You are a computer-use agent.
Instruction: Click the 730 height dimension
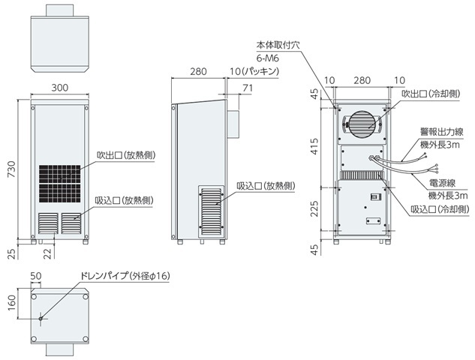click(x=9, y=169)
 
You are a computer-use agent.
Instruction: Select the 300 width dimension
click(x=60, y=88)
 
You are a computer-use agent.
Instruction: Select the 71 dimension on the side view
click(x=248, y=88)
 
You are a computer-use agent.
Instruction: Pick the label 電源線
click(x=443, y=182)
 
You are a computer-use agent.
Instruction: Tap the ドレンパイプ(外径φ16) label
click(x=128, y=276)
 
